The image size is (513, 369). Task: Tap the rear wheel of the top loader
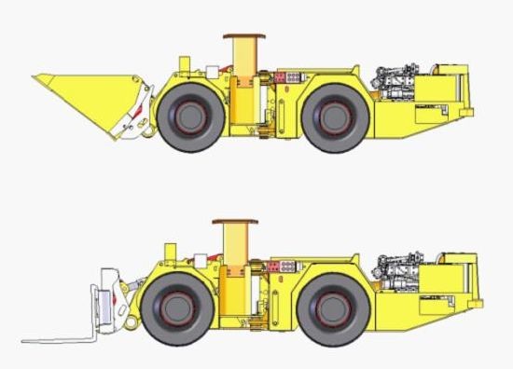pos(333,116)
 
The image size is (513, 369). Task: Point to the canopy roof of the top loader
pos(243,37)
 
